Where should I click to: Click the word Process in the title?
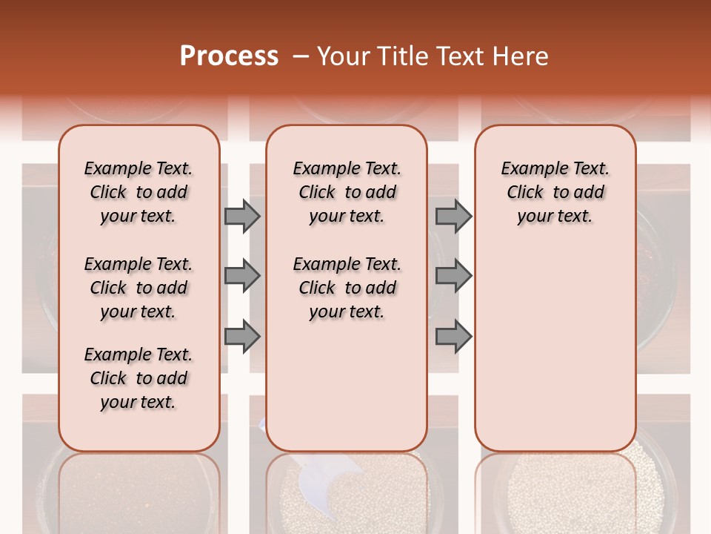coord(229,56)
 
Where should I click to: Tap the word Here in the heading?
coord(521,56)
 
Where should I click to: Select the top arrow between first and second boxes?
coord(242,216)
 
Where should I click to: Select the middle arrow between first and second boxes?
coord(242,276)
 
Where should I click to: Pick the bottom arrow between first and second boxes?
coord(242,337)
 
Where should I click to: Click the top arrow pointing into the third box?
coord(453,216)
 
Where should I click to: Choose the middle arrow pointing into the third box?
coord(453,276)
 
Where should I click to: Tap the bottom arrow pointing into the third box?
coord(453,337)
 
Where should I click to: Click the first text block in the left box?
coord(138,192)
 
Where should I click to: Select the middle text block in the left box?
coord(138,288)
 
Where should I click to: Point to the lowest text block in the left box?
coord(138,378)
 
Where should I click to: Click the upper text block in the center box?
coord(347,192)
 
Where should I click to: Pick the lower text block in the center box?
coord(347,288)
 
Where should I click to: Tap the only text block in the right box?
coord(555,192)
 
